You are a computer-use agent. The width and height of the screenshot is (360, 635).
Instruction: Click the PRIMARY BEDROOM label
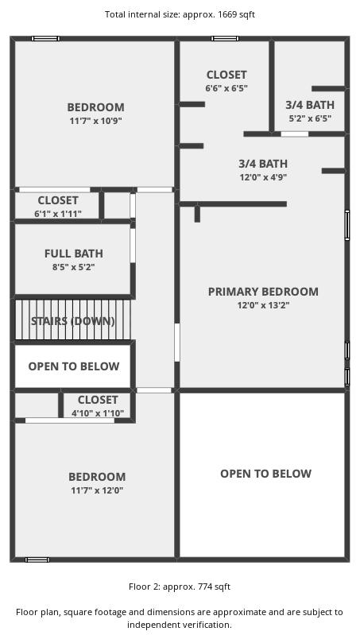(263, 292)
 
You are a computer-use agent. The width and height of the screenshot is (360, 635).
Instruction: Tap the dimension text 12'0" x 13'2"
(263, 305)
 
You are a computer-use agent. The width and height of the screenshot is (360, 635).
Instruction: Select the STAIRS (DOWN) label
(73, 321)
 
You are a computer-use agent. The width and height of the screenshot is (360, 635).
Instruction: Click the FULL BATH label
(74, 254)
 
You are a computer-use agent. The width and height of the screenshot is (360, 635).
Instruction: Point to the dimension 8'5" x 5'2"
(74, 267)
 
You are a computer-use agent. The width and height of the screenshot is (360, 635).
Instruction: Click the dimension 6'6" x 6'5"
(226, 88)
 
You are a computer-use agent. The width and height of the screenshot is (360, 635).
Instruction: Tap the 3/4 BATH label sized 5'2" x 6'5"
(310, 105)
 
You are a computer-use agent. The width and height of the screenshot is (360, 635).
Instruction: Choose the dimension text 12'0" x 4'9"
(263, 177)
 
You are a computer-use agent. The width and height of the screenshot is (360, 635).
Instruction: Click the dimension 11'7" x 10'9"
(96, 121)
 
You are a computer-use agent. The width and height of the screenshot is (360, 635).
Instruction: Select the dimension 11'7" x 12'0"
(97, 490)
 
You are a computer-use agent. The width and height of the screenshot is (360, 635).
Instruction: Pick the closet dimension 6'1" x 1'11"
(58, 214)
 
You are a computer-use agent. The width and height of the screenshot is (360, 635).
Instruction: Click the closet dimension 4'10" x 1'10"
(98, 413)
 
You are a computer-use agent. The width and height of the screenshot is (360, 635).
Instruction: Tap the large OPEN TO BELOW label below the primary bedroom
(266, 474)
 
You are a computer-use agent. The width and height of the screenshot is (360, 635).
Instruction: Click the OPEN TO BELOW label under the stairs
(74, 366)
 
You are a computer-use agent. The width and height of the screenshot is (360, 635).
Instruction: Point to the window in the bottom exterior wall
(37, 559)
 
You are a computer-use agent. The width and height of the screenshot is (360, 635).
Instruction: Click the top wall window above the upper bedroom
(46, 38)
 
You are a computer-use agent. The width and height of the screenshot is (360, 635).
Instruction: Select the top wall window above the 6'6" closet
(225, 38)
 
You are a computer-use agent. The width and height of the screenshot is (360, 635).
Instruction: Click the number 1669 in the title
(226, 14)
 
